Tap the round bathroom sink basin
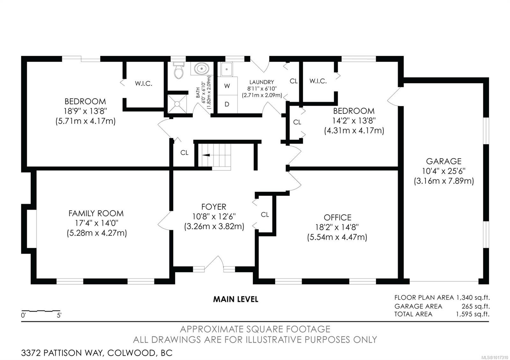tap(201, 68)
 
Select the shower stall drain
tap(177, 104)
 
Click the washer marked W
tap(227, 86)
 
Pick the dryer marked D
tap(227, 104)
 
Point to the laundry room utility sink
tap(226, 69)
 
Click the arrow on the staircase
tap(206, 155)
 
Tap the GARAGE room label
tap(444, 161)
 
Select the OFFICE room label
tap(338, 218)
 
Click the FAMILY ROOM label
tap(96, 213)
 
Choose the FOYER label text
tap(214, 207)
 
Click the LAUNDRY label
tap(262, 82)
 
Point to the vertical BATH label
tap(198, 93)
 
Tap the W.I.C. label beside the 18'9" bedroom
tap(143, 83)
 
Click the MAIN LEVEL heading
tap(236, 299)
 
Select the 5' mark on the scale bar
tap(59, 315)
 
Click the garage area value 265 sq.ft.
tap(476, 306)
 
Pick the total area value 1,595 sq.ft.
tap(473, 314)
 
